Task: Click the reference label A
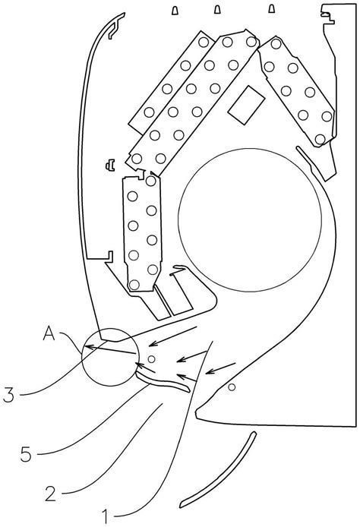[x=49, y=334]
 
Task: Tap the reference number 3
[x=9, y=395]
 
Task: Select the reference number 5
[x=26, y=454]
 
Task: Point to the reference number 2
[x=50, y=494]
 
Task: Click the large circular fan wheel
[x=250, y=219]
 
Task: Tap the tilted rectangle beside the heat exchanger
[x=246, y=105]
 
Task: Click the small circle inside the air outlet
[x=152, y=359]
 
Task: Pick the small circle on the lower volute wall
[x=232, y=387]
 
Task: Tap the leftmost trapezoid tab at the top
[x=175, y=11]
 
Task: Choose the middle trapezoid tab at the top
[x=217, y=10]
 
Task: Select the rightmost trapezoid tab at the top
[x=271, y=9]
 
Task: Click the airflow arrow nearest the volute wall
[x=220, y=368]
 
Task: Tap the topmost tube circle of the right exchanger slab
[x=276, y=44]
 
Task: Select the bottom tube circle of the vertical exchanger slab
[x=134, y=285]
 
